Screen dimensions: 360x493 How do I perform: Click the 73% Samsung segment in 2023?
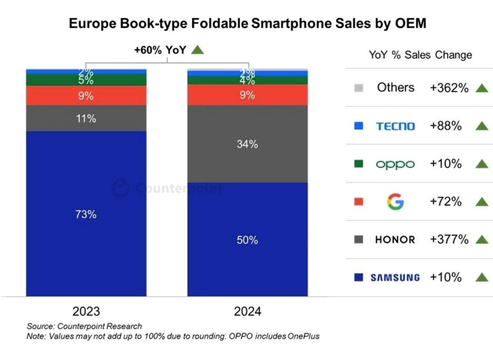(86, 214)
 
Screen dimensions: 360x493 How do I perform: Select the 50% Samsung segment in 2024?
(247, 240)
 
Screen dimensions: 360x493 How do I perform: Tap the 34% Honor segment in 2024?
(247, 144)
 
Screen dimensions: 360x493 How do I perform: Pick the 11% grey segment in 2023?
(86, 119)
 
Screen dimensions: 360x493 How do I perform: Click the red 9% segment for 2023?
(86, 96)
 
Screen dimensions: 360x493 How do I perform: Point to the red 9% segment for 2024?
(247, 95)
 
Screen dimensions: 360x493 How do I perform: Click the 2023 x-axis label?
(86, 311)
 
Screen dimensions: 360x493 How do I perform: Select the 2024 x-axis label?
(247, 311)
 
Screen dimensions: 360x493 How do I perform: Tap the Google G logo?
(395, 202)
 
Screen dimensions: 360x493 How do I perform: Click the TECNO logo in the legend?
(395, 126)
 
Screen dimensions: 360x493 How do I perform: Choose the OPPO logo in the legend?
(395, 164)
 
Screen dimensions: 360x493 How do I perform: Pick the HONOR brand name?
(395, 240)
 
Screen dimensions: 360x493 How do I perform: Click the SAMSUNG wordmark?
(395, 277)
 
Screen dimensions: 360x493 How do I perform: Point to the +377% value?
(449, 239)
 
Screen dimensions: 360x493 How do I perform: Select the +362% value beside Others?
(449, 88)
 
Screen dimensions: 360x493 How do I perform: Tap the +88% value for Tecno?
(446, 126)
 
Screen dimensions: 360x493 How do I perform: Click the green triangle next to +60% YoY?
(197, 50)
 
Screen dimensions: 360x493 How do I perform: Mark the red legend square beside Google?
(358, 202)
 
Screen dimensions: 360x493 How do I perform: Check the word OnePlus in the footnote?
(303, 336)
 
